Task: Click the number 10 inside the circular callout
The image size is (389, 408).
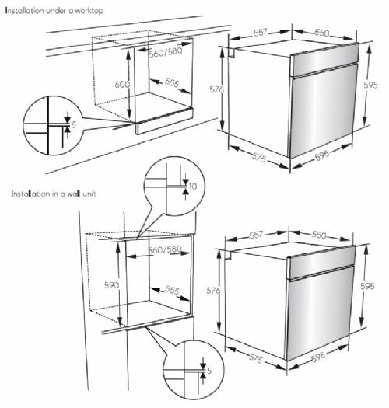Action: (x=194, y=187)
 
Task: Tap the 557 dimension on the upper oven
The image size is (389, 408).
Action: (x=261, y=33)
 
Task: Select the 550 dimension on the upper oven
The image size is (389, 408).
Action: (x=322, y=33)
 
